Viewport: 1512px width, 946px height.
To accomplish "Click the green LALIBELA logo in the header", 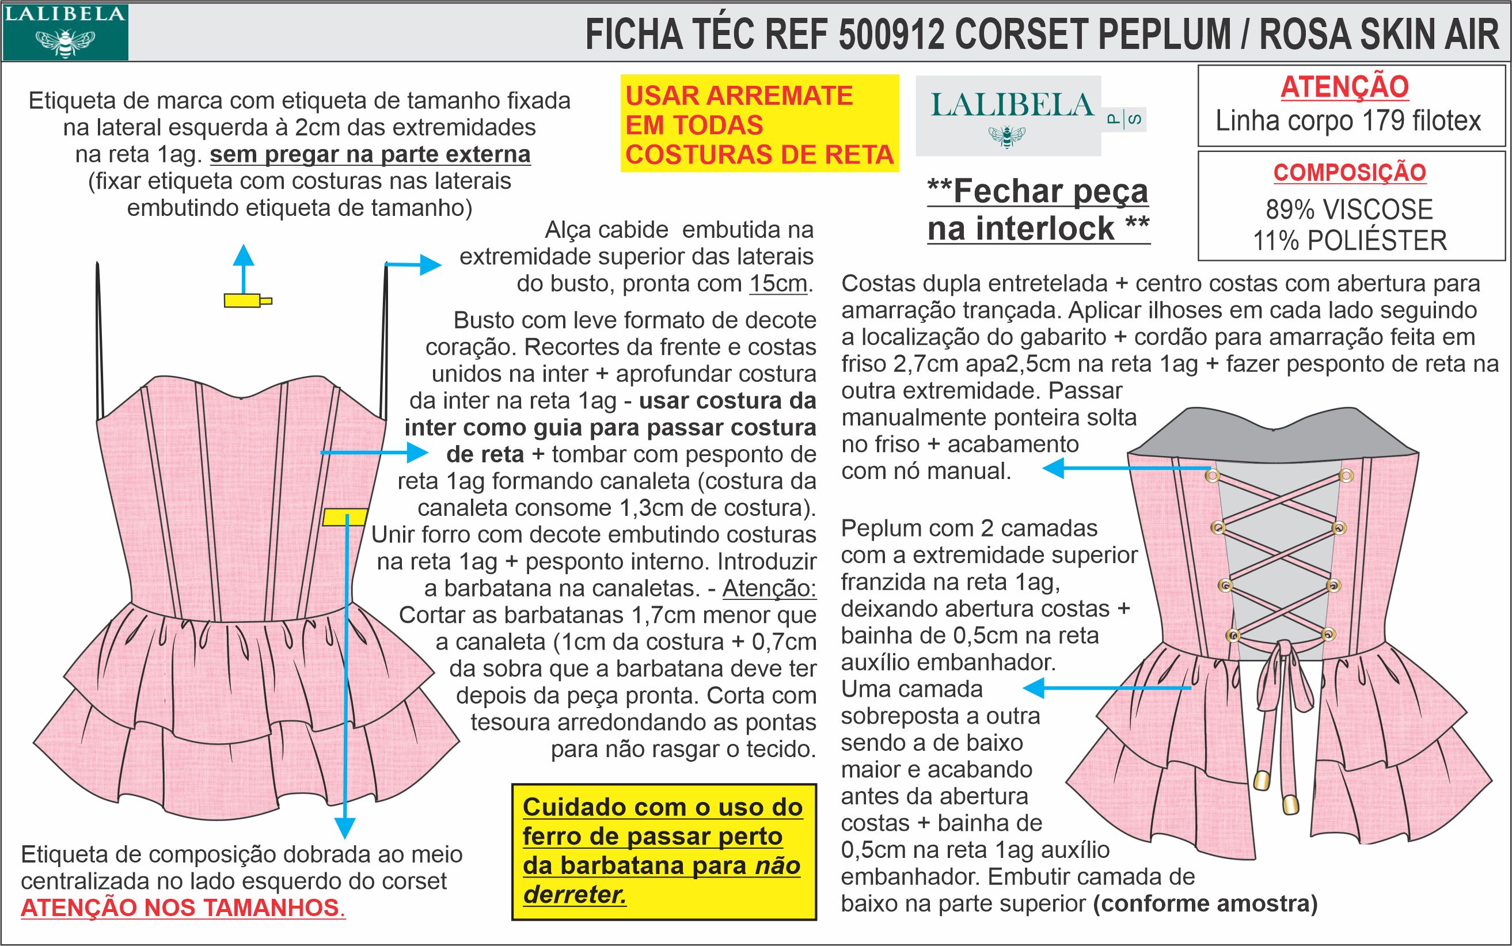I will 65,31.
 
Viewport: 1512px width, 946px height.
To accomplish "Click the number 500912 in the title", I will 891,35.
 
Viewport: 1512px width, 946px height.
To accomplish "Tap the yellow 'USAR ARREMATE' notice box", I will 759,124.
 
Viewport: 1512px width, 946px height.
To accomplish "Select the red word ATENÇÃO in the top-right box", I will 1345,87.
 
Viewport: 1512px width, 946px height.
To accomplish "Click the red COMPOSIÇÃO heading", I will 1350,173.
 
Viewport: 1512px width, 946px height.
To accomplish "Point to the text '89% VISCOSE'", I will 1350,210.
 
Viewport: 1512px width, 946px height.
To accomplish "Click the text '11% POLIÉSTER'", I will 1350,241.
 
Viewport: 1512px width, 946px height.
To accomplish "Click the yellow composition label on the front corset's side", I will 345,518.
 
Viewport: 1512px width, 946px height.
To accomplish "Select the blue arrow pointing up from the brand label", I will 244,265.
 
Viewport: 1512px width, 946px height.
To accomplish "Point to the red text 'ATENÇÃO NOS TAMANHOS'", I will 180,907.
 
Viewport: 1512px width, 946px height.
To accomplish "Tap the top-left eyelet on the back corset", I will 1213,476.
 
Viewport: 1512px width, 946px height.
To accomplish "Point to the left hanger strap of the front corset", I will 98,338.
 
